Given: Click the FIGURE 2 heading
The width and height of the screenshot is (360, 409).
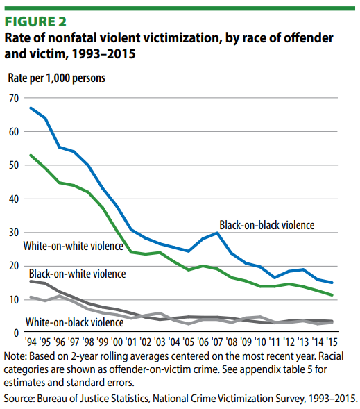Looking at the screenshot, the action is tap(35, 22).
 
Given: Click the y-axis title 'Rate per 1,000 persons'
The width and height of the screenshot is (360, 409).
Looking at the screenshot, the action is tap(56, 78).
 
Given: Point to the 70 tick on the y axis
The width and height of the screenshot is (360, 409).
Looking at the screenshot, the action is tap(14, 99).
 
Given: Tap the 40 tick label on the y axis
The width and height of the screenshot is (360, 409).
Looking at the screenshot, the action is tap(14, 199).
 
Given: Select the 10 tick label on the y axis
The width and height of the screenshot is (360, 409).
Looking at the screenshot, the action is tap(14, 300).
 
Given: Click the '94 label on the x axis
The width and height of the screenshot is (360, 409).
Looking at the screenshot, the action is tap(31, 342).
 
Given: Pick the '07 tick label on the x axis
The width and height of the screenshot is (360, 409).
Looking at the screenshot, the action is tap(217, 342).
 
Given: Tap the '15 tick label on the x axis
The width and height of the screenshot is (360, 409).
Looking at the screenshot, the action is tap(332, 342).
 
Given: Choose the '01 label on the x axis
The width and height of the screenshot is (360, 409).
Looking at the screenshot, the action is tap(131, 342).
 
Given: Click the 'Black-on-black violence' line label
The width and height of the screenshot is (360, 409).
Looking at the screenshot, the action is tap(267, 225).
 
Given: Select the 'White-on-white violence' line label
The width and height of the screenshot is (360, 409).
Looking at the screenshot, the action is tap(74, 246).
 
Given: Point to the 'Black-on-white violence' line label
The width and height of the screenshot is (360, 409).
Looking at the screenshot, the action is tap(78, 274).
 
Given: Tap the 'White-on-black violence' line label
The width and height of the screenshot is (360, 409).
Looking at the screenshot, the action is tap(74, 322).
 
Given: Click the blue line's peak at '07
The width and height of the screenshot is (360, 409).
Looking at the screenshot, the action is tap(217, 233).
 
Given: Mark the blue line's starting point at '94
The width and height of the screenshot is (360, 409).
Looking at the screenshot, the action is tap(31, 108).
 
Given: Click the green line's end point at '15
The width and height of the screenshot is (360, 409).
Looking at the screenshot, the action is tap(332, 295).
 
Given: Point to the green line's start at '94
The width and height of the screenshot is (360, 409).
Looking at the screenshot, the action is tap(31, 156).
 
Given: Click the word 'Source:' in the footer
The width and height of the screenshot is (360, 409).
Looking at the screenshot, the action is tap(19, 399).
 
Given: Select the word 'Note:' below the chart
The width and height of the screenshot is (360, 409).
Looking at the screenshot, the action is tap(15, 356).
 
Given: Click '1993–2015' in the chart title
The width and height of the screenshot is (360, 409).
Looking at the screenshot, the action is tap(103, 54).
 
